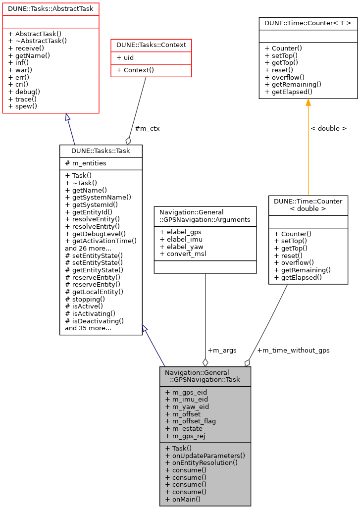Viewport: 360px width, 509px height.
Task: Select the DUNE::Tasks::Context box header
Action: [151, 45]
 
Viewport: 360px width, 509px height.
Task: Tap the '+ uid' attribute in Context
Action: [125, 57]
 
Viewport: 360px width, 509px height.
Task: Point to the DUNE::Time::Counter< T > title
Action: [308, 22]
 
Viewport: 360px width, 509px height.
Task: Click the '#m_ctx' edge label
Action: [147, 128]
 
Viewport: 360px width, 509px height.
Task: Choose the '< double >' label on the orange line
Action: [328, 128]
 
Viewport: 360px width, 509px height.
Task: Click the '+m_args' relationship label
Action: [222, 350]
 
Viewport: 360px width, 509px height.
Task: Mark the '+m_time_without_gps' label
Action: [293, 350]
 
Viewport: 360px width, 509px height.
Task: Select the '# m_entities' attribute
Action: [86, 163]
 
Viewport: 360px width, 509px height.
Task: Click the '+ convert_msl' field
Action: [183, 254]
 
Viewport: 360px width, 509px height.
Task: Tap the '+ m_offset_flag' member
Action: [191, 421]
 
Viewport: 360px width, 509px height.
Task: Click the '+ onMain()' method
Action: [183, 499]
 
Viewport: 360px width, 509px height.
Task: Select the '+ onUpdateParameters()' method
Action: [205, 455]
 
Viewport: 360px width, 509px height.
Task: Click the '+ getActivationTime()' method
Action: [101, 241]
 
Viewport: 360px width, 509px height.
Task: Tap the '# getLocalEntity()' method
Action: [94, 292]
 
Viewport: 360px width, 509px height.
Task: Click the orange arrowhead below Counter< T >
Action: [308, 102]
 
